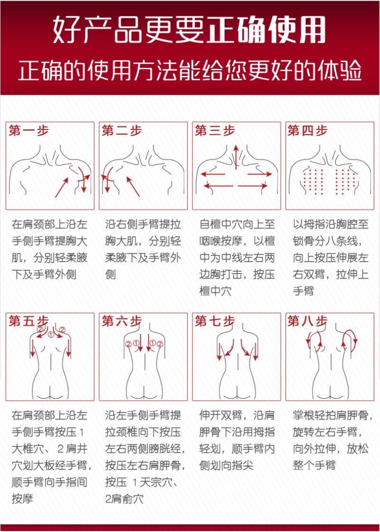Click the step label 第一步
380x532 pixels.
(28, 131)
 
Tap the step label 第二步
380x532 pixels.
(122, 131)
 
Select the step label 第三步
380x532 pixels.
(215, 131)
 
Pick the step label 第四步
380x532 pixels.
(307, 131)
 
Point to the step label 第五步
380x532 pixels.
(28, 321)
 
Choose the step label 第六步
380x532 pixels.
(122, 321)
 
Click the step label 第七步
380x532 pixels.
(215, 321)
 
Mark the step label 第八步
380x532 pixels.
(307, 321)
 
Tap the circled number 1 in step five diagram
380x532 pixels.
(51, 334)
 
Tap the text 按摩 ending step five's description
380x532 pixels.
(22, 499)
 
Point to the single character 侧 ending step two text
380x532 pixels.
(110, 275)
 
